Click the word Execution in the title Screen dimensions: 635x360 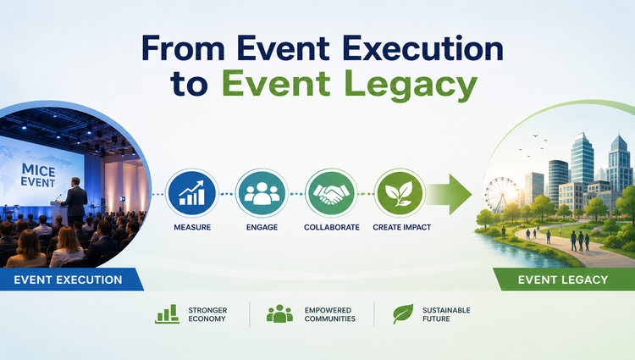[x=422, y=48]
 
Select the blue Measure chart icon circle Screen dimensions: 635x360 [x=192, y=194]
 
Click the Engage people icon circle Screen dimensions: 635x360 [x=262, y=194]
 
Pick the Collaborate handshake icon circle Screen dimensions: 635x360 [x=331, y=194]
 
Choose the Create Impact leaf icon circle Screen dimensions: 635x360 [x=400, y=194]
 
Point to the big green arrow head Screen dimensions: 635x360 [x=461, y=194]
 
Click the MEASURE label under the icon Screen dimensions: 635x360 [x=192, y=228]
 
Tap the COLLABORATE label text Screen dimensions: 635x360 [x=332, y=228]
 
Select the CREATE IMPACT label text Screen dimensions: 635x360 [x=401, y=228]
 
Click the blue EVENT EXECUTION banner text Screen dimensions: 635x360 [x=68, y=280]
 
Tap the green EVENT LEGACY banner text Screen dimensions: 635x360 [x=563, y=280]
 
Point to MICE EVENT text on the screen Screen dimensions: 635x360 [x=38, y=175]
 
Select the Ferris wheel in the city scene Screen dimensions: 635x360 [x=502, y=195]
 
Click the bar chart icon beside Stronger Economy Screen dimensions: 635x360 [x=167, y=314]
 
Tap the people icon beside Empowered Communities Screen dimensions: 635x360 [x=279, y=314]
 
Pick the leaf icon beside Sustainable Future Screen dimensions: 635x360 [x=403, y=314]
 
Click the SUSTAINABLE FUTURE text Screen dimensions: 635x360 [x=446, y=314]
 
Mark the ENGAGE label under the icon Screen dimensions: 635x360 [x=262, y=228]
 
